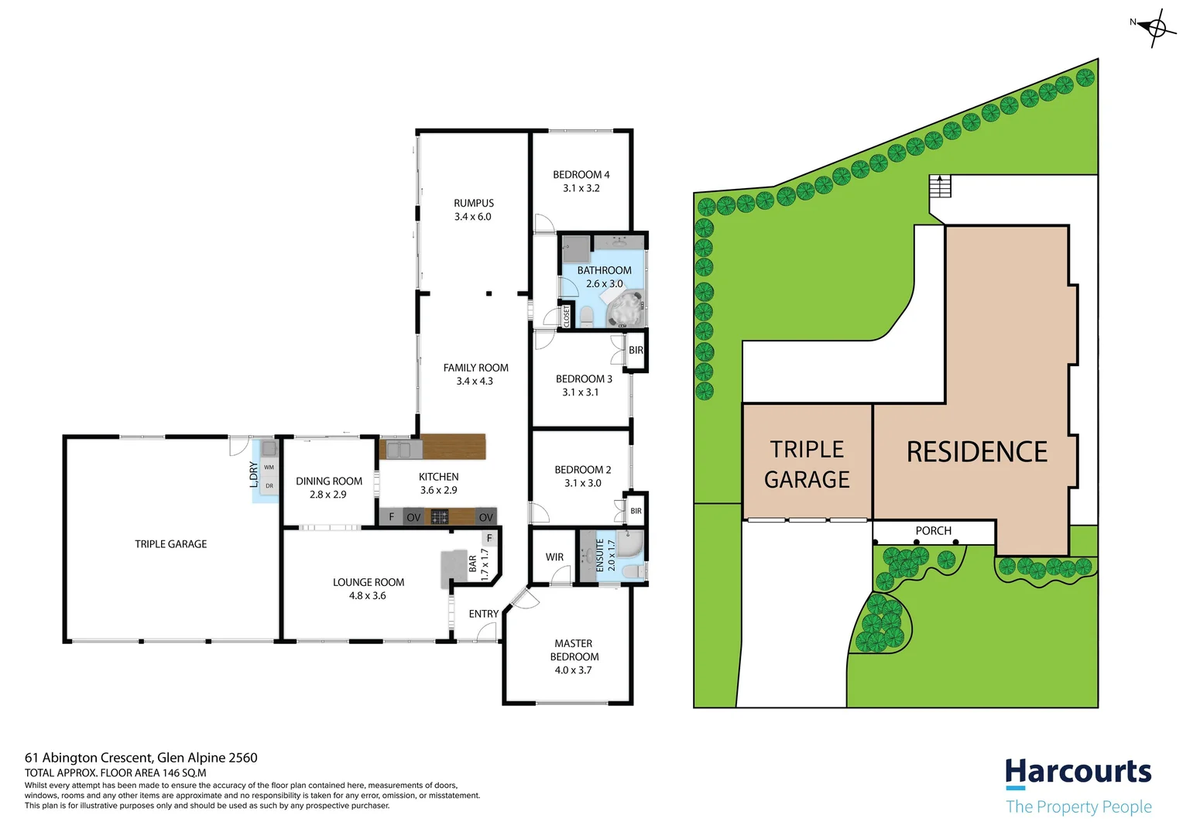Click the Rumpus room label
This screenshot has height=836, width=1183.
[474, 204]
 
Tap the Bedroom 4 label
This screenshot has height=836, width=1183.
[581, 175]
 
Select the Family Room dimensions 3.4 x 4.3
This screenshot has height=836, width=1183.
[475, 382]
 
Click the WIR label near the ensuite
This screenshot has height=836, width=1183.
[554, 557]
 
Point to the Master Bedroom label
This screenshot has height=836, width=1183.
[574, 650]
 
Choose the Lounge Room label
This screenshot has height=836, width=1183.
[369, 582]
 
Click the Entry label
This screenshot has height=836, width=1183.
[484, 614]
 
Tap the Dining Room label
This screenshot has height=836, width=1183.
[329, 481]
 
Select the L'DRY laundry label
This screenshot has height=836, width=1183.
[254, 474]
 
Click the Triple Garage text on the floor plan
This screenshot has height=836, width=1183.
[171, 544]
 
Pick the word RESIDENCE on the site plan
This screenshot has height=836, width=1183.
[977, 452]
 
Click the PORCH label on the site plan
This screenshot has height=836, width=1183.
[933, 531]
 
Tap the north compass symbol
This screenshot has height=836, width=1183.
[1155, 29]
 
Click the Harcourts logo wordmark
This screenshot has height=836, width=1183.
[1078, 773]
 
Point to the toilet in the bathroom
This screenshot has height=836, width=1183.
[586, 316]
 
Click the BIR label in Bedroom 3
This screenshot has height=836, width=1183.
[636, 351]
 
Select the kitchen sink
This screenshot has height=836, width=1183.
[399, 449]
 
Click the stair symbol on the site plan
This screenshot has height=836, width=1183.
[940, 187]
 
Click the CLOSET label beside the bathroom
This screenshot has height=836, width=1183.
[567, 316]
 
